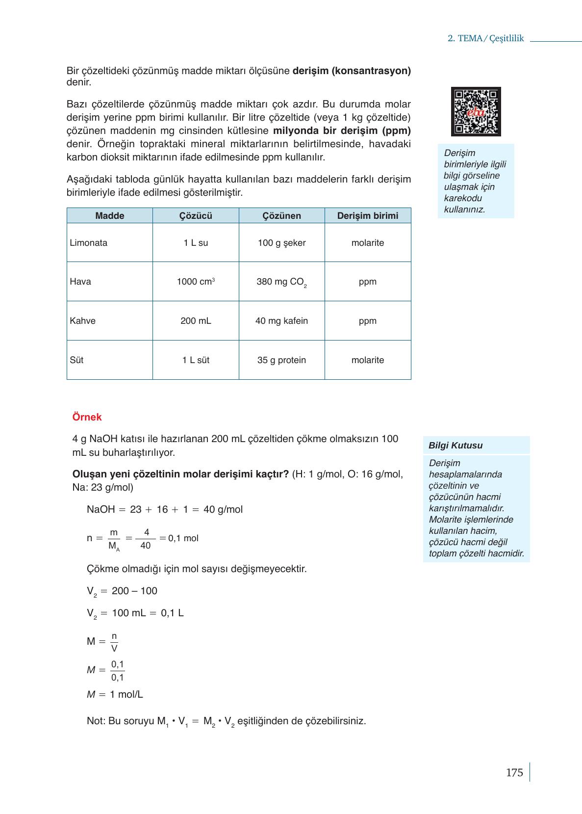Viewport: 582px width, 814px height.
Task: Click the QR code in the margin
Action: point(476,111)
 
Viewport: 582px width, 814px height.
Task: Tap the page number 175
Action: point(514,772)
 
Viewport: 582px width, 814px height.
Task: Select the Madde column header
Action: point(110,216)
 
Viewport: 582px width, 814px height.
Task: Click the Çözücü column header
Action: point(196,216)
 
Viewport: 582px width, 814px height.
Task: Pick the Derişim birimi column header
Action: point(368,216)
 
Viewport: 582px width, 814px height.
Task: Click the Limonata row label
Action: point(89,243)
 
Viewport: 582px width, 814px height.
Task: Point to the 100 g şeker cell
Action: point(281,243)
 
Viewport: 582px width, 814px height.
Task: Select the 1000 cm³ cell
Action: point(196,282)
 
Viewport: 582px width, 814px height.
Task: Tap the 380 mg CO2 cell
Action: point(281,282)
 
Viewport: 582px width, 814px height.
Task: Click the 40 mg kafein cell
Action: point(281,321)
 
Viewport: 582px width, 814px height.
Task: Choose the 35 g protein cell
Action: point(281,360)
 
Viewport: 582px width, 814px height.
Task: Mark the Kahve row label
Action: point(83,321)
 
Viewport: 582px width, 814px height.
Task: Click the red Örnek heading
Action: point(87,417)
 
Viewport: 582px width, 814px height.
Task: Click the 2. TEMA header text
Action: point(485,39)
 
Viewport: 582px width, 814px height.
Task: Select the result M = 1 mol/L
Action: point(115,694)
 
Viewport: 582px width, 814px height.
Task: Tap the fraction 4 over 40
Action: point(146,539)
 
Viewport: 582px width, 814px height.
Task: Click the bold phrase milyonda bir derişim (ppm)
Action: point(342,131)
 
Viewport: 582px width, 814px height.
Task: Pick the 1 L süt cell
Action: point(196,360)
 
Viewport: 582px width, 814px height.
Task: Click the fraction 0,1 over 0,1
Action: point(118,671)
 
